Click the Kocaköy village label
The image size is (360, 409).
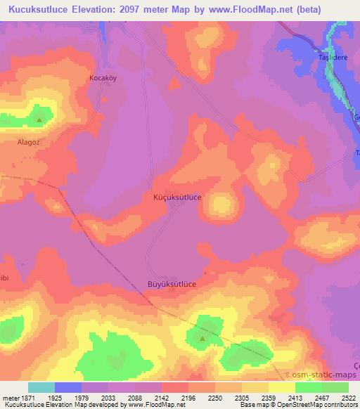click(102, 78)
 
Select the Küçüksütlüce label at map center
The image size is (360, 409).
click(177, 198)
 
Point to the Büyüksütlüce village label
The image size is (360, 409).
click(176, 285)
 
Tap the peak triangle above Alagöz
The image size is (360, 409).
click(39, 119)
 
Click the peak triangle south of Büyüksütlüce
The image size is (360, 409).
click(202, 339)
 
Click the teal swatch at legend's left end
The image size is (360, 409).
click(41, 387)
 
